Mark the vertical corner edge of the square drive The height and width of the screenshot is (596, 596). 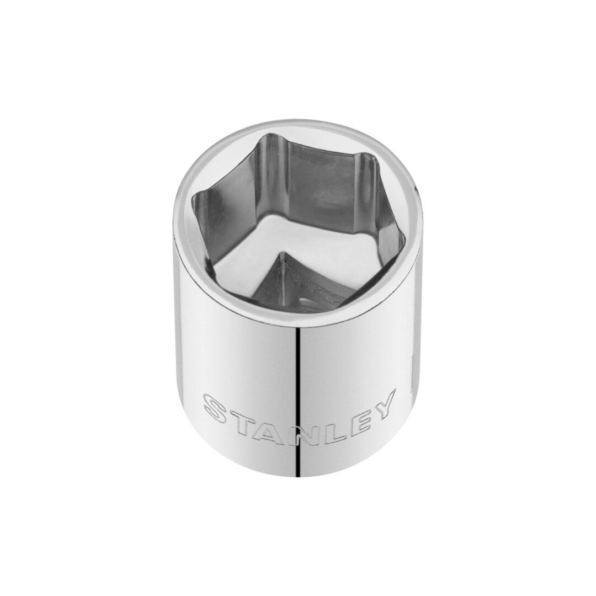click(x=282, y=270)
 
